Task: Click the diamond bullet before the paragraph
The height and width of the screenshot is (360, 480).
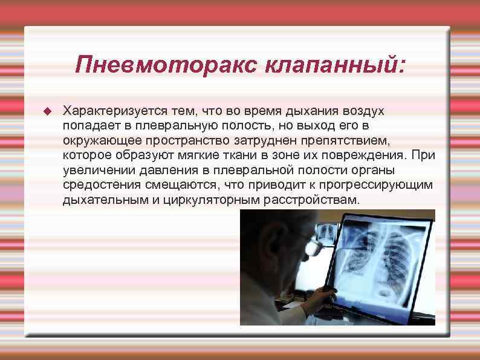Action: (x=48, y=111)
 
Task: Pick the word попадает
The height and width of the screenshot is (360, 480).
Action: (x=87, y=126)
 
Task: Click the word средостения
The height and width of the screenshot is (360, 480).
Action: (x=97, y=185)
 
